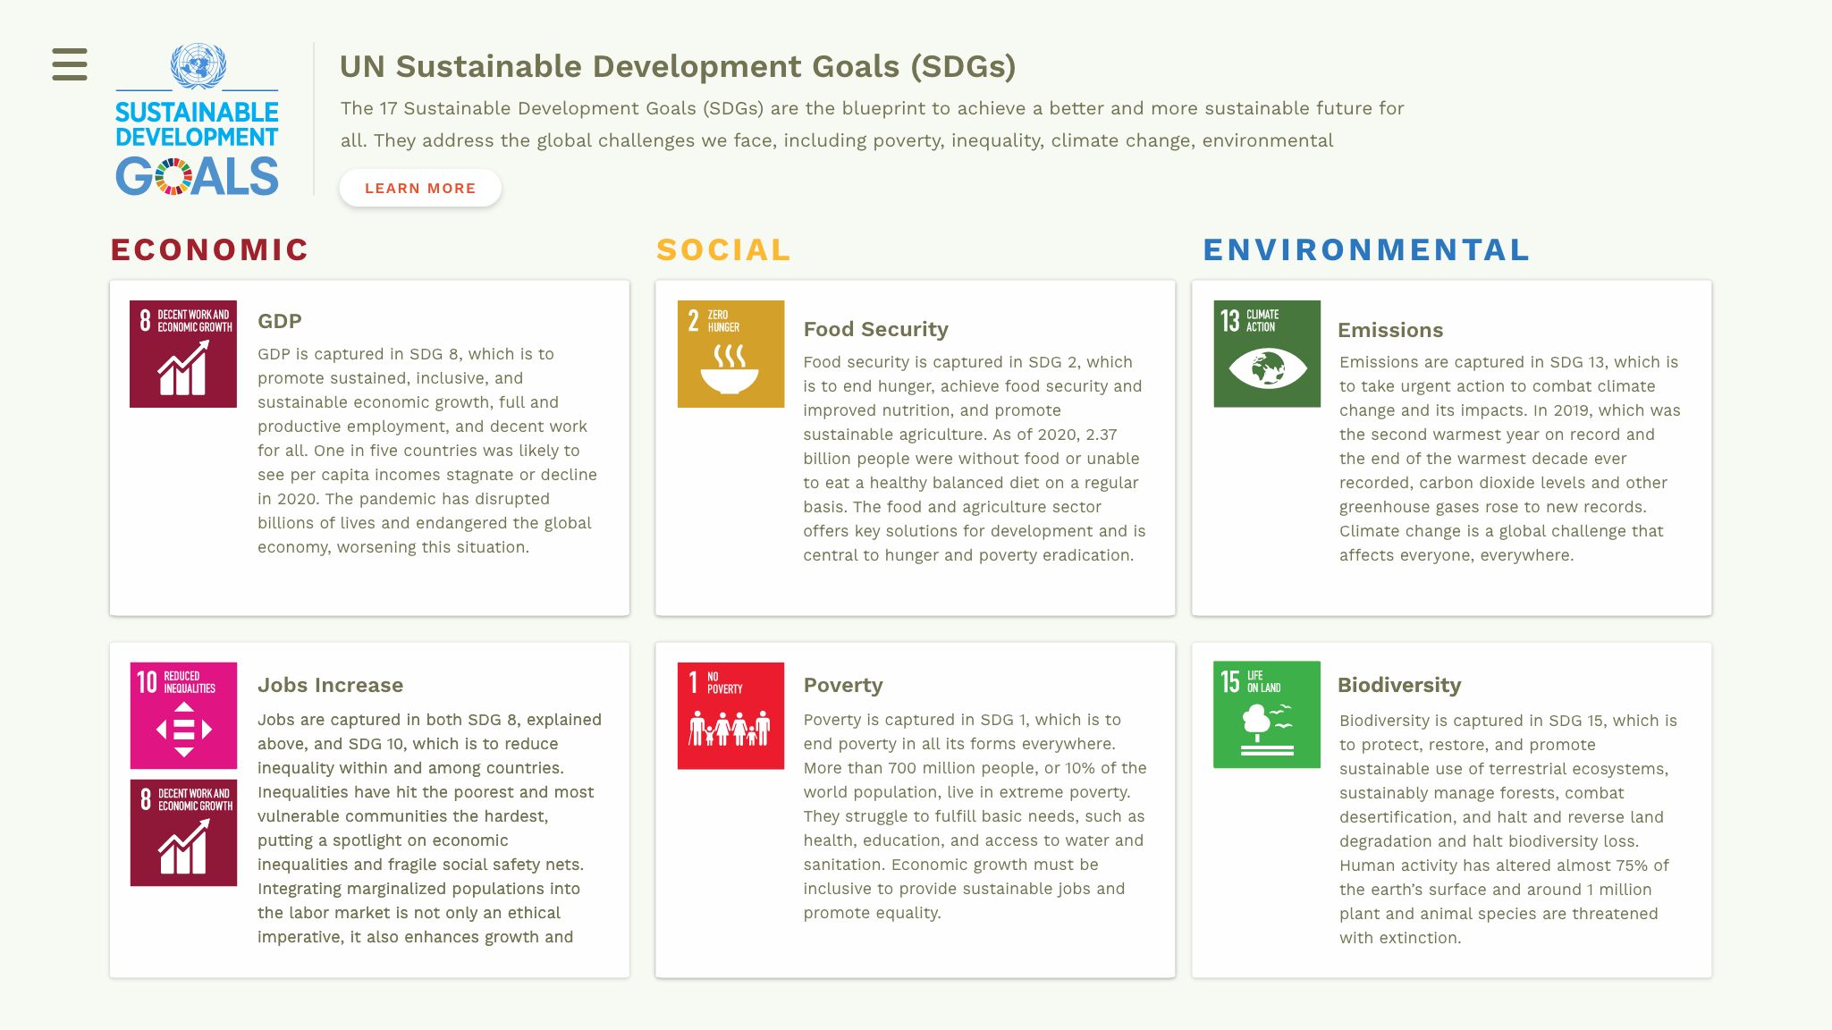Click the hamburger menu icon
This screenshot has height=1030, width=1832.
tap(70, 64)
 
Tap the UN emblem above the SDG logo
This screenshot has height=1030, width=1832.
tap(198, 66)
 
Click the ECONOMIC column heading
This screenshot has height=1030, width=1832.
tap(209, 249)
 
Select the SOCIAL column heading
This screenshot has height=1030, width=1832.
tap(723, 249)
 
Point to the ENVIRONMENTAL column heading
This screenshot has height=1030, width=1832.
tap(1366, 249)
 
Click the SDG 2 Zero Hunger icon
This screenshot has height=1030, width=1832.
tap(730, 354)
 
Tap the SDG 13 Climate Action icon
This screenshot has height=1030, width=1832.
tap(1267, 354)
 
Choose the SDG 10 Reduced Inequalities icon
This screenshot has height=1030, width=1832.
tap(183, 715)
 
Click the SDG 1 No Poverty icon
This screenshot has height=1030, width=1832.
tap(730, 715)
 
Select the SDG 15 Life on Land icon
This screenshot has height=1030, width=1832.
tap(1267, 714)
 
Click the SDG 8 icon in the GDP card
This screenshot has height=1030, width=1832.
tap(183, 354)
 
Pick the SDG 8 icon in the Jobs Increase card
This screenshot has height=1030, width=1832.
tap(183, 832)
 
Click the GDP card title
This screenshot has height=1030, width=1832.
tap(280, 321)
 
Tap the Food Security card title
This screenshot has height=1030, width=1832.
tap(875, 329)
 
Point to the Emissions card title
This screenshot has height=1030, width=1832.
tap(1390, 330)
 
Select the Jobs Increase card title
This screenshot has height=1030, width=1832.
tap(330, 685)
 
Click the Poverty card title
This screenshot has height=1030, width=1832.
tap(843, 685)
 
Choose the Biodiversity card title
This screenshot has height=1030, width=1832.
tap(1399, 685)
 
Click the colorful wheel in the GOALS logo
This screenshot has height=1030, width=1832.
tap(173, 176)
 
